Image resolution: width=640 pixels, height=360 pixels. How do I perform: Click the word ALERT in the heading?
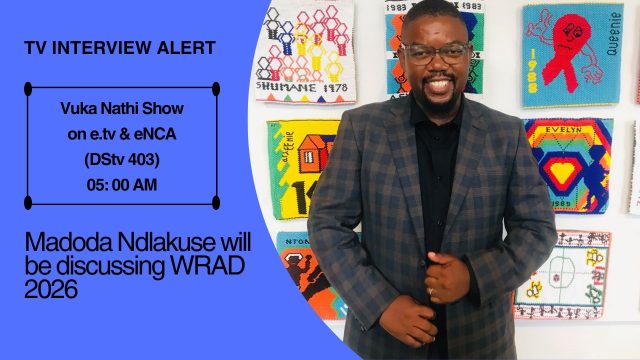click(x=181, y=48)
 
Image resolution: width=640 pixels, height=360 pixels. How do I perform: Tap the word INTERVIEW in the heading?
click(x=99, y=48)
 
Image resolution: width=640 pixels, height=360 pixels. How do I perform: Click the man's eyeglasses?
click(x=434, y=52)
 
